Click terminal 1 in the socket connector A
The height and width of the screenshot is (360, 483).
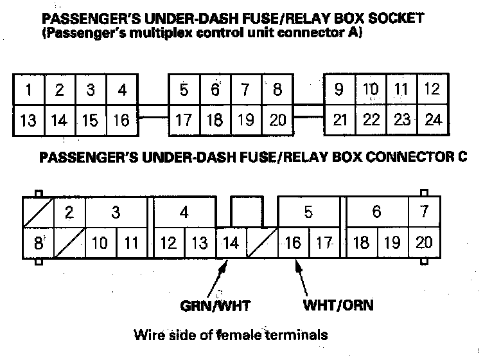(28, 90)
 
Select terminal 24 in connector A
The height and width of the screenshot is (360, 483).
(433, 120)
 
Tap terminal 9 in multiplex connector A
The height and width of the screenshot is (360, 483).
(338, 90)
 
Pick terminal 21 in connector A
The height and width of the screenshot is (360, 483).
(340, 120)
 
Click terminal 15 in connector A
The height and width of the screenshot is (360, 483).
(91, 120)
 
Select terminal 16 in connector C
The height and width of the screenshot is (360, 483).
(293, 243)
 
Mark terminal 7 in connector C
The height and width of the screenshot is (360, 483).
(424, 212)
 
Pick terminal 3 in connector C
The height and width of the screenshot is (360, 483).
(116, 212)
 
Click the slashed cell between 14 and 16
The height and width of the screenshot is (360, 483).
(262, 243)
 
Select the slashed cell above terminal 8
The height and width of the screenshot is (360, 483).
(37, 212)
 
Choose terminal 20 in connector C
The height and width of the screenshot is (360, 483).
(424, 243)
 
